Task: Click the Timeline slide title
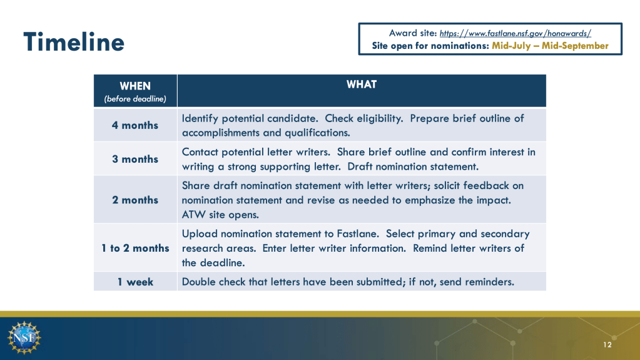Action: (74, 42)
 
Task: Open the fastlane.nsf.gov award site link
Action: (515, 34)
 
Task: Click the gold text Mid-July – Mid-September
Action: (550, 46)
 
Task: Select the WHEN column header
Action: (135, 86)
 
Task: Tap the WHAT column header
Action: (361, 84)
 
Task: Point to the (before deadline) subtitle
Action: (135, 99)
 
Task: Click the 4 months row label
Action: (135, 125)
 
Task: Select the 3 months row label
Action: (135, 159)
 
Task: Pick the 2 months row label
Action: (135, 200)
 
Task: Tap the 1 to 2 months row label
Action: (135, 248)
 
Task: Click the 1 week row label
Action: (135, 282)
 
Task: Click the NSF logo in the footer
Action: (24, 337)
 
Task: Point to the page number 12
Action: (607, 345)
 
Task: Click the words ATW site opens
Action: (220, 215)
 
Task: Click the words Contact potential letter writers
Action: (256, 152)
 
